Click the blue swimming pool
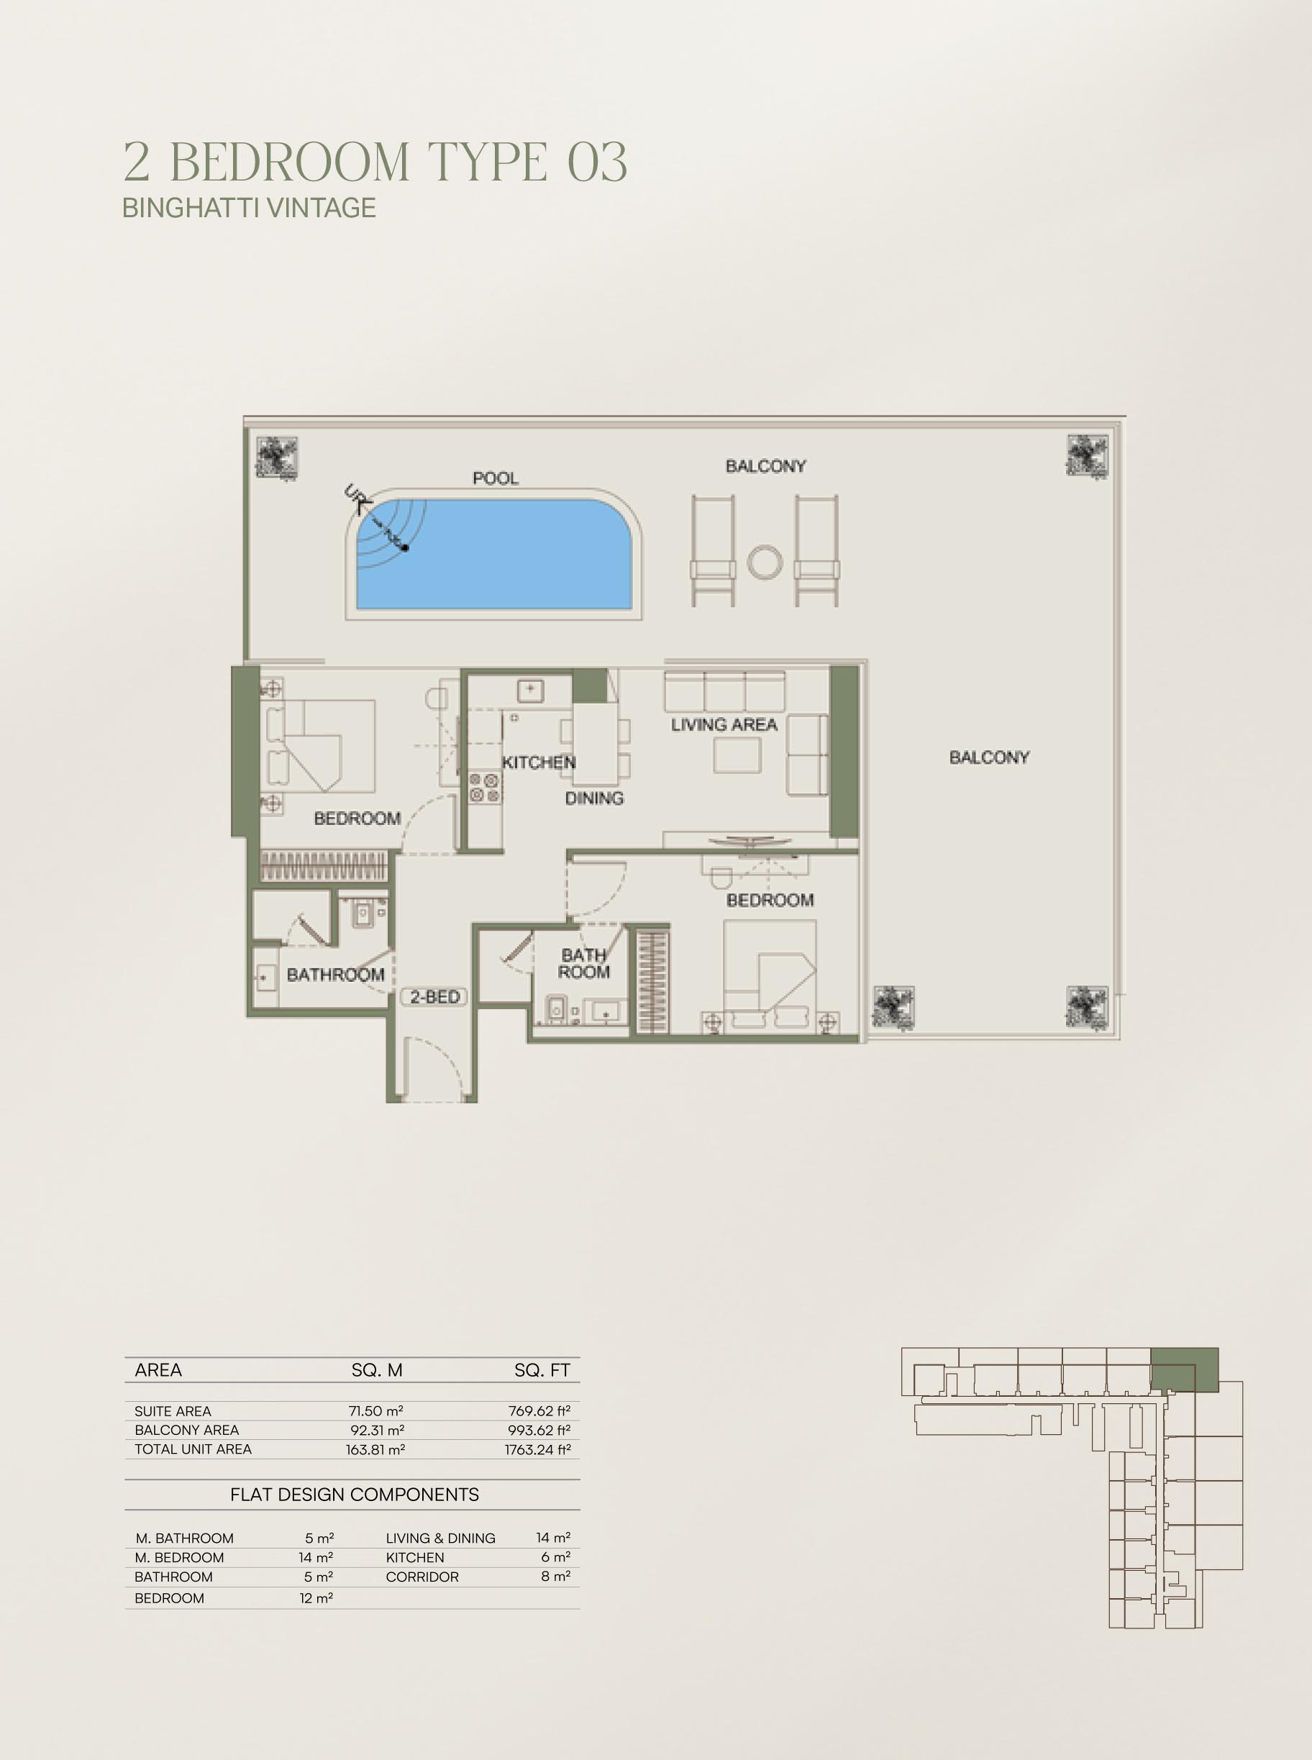point(494,554)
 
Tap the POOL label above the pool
point(496,478)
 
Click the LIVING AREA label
point(724,724)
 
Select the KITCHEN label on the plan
point(539,762)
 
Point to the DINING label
point(594,798)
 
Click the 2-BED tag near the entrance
point(434,997)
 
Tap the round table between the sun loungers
point(765,562)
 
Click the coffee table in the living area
point(737,754)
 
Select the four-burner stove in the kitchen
point(483,787)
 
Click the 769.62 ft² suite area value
point(539,1410)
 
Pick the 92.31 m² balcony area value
point(377,1430)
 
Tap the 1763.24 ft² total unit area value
point(537,1449)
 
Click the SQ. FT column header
point(542,1370)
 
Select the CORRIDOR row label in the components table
point(422,1577)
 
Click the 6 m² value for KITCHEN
point(555,1557)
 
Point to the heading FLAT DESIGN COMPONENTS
point(354,1495)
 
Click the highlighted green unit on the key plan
point(1184,1369)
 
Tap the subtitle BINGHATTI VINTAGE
point(249,207)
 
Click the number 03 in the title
point(597,161)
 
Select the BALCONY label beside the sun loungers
point(765,466)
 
